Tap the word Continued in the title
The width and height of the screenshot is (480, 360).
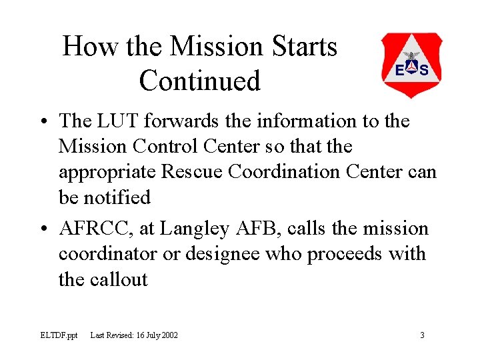199,81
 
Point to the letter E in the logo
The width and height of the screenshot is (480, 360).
399,69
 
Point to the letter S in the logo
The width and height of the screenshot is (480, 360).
424,69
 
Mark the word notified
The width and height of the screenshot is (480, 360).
117,197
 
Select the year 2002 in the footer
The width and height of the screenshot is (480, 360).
169,335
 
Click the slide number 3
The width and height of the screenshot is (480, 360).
422,335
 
